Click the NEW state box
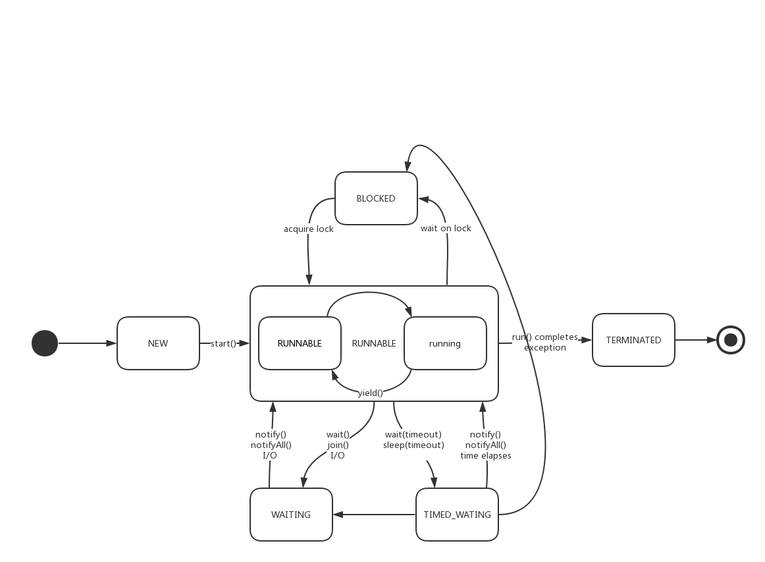[x=158, y=343]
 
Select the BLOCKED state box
[x=376, y=198]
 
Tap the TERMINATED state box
[x=633, y=340]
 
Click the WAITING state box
[x=291, y=514]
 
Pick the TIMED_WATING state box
[x=458, y=514]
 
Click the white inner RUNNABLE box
[x=300, y=343]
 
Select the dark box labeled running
[x=445, y=343]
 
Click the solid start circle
[x=45, y=343]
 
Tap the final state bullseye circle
[x=730, y=340]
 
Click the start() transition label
[x=224, y=343]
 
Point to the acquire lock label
[x=309, y=229]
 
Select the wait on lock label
[x=446, y=228]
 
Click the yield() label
[x=371, y=393]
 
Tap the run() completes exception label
[x=545, y=342]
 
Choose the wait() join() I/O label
[x=338, y=445]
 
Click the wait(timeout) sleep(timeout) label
[x=413, y=439]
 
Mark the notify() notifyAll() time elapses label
[x=486, y=445]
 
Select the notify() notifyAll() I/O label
[x=271, y=445]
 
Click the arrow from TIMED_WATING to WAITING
[x=374, y=514]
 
